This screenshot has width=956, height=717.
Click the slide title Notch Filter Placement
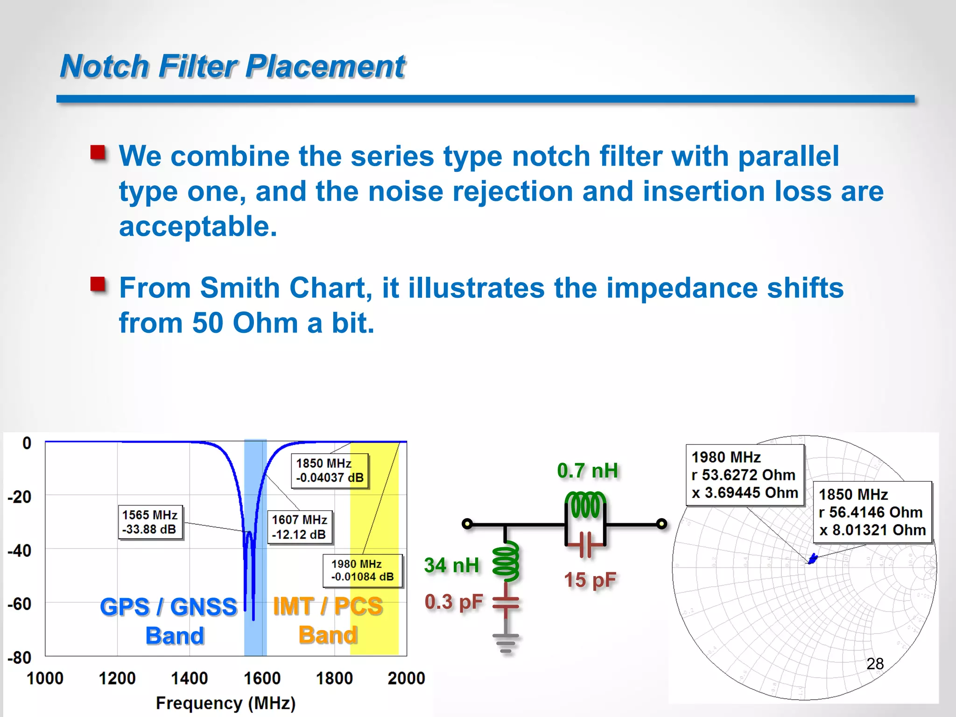click(x=232, y=66)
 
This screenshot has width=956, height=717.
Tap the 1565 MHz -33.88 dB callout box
click(x=150, y=522)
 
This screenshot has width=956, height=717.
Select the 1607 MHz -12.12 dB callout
click(x=300, y=527)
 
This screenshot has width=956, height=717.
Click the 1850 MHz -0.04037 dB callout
click(x=330, y=471)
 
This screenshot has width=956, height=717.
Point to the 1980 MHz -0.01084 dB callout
click(x=362, y=570)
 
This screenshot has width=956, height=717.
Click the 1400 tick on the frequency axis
click(x=189, y=678)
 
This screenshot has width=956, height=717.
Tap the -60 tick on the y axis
click(x=20, y=604)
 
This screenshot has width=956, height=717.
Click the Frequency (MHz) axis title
click(x=225, y=703)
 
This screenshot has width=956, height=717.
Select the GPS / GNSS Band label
click(x=169, y=621)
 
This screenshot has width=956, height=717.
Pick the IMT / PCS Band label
click(x=328, y=620)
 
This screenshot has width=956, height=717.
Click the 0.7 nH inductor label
click(x=587, y=471)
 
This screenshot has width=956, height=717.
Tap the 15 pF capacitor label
click(x=590, y=580)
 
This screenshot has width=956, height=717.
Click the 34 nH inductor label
click(x=451, y=565)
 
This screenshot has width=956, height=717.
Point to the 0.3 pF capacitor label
click(x=453, y=602)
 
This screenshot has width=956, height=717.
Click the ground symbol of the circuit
click(x=506, y=643)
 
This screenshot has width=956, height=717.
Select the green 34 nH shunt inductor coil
click(x=506, y=561)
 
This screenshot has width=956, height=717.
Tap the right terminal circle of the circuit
click(x=661, y=524)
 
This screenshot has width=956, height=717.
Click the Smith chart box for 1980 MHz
click(x=745, y=475)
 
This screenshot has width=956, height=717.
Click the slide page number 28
click(x=875, y=663)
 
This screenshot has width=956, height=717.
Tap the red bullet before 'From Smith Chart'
click(x=98, y=283)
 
